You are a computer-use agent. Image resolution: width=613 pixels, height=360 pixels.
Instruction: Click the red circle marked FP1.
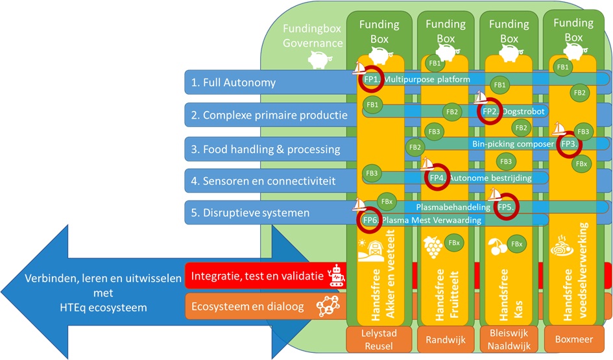pos(372,79)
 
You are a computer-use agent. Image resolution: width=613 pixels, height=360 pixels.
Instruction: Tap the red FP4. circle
pos(437,177)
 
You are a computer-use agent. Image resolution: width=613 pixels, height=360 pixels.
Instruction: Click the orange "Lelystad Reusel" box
pos(380,339)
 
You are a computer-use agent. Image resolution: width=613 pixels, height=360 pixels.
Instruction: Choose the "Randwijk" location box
pos(442,339)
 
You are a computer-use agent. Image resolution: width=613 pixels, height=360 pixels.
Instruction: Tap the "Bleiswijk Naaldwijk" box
pos(506,339)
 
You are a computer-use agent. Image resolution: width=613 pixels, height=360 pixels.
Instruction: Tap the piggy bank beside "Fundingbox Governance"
pos(318,60)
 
